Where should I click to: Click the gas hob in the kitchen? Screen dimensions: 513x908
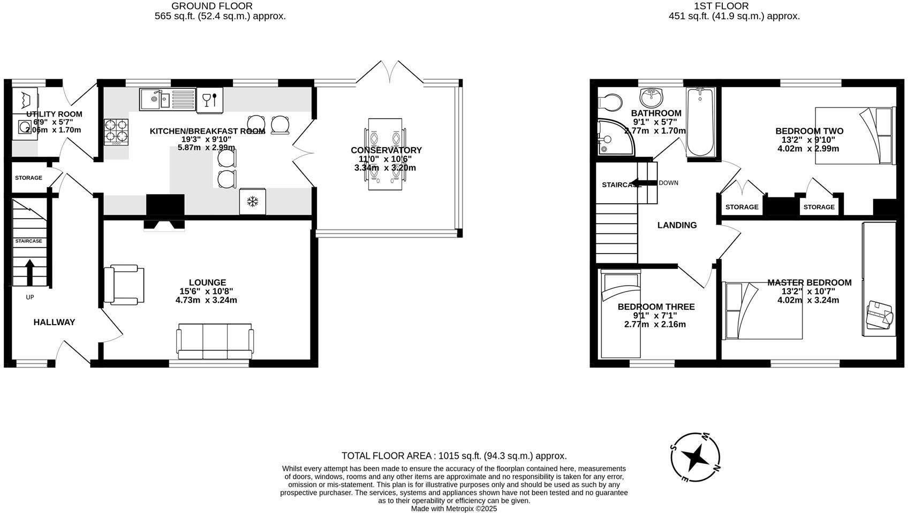(116, 132)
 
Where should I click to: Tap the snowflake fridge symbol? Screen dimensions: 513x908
(252, 202)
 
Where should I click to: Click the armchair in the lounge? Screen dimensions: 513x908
(124, 285)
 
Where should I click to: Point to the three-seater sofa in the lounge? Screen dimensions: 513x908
(215, 341)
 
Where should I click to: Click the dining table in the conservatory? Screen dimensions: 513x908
(385, 154)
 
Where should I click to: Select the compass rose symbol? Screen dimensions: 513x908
(695, 457)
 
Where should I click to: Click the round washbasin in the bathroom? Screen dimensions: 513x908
(651, 98)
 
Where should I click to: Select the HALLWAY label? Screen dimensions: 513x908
(54, 322)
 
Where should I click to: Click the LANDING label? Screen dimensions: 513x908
(677, 225)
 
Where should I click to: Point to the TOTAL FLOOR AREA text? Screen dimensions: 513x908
(454, 456)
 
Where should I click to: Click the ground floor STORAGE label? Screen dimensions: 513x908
(28, 178)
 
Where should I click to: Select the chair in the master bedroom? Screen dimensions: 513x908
(879, 316)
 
